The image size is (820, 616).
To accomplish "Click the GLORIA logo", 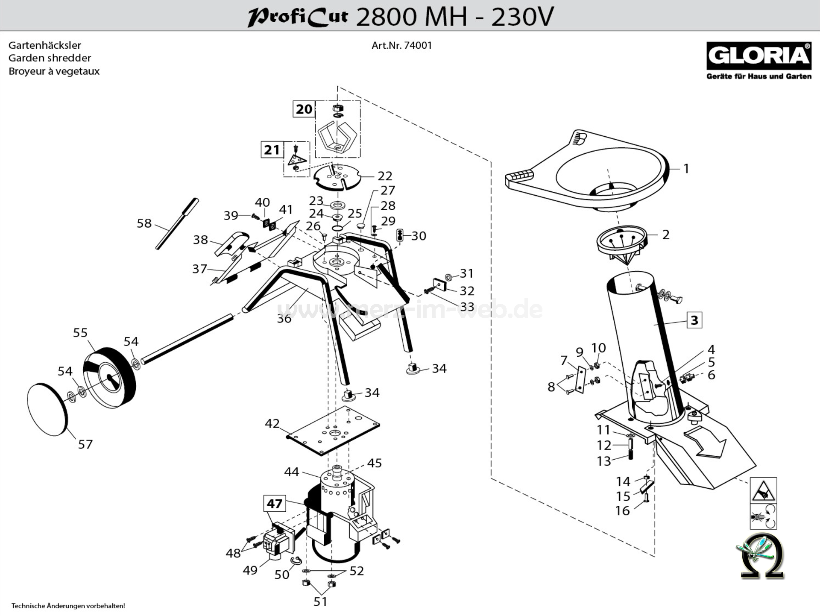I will pyautogui.click(x=758, y=56).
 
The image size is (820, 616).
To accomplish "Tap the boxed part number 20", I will pyautogui.click(x=304, y=109).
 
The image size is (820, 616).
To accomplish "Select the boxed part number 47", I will pyautogui.click(x=275, y=504).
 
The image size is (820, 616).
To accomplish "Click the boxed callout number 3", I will pyautogui.click(x=694, y=320).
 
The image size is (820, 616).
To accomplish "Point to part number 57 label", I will pyautogui.click(x=85, y=444).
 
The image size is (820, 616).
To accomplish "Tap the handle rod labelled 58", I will pyautogui.click(x=177, y=223).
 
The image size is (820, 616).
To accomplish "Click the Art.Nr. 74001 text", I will pyautogui.click(x=401, y=45).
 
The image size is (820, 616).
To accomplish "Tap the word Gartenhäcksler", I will pyautogui.click(x=45, y=45).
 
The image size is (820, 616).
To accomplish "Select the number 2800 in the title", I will pyautogui.click(x=386, y=17).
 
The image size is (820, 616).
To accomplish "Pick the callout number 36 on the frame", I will pyautogui.click(x=284, y=318).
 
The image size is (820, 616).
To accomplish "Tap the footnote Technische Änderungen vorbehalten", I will pyautogui.click(x=68, y=606).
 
